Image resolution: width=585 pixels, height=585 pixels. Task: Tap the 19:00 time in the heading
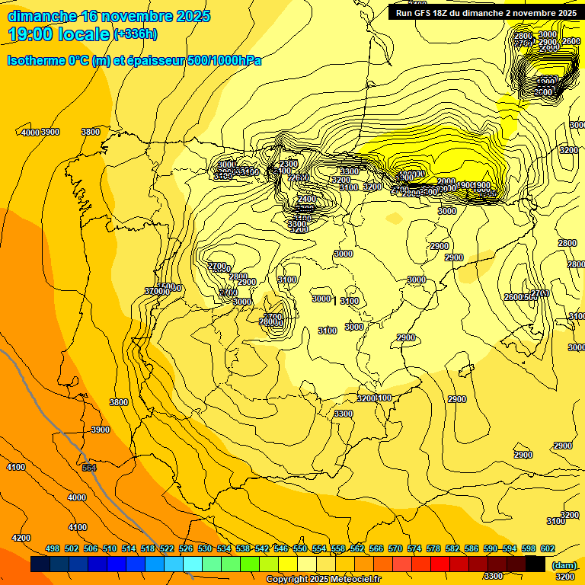click(x=30, y=34)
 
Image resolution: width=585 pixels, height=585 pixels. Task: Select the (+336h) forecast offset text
click(x=135, y=34)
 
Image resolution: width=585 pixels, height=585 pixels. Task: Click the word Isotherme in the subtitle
click(x=36, y=60)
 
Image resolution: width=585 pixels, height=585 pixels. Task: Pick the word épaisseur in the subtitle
click(x=157, y=60)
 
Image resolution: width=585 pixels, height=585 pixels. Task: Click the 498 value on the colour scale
click(x=53, y=548)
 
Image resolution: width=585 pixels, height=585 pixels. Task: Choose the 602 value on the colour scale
click(x=548, y=548)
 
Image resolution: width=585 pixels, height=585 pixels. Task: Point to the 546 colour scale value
click(x=281, y=548)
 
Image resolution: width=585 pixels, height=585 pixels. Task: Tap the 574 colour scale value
click(x=414, y=548)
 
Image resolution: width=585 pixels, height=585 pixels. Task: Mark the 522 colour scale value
click(x=167, y=548)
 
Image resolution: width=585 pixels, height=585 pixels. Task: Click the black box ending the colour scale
click(x=535, y=564)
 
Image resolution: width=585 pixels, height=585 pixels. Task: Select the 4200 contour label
click(x=21, y=538)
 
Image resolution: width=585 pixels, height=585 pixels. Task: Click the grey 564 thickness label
click(x=89, y=468)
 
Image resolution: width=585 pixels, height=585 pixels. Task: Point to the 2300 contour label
click(x=289, y=164)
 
